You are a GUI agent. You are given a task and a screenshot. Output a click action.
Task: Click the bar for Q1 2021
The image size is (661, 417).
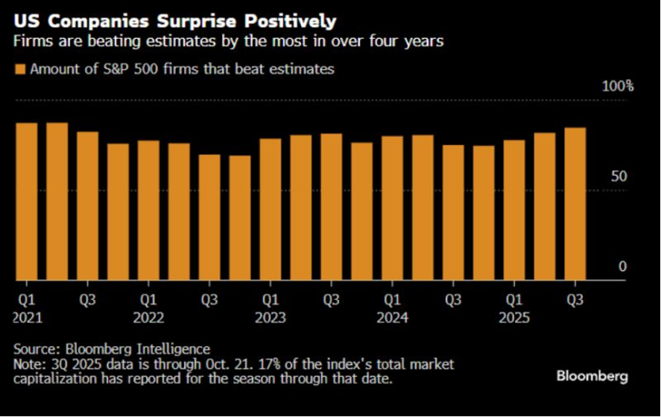(x=27, y=202)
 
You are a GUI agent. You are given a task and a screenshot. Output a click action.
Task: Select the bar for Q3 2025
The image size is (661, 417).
(x=575, y=204)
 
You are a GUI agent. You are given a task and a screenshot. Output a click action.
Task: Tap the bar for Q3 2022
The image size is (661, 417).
(x=209, y=217)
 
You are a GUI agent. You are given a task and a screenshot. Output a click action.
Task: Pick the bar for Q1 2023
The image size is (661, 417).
(x=271, y=209)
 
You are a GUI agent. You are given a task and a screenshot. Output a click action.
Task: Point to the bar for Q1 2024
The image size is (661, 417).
(x=392, y=208)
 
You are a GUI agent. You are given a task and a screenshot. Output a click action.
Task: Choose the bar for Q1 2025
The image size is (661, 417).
(x=514, y=210)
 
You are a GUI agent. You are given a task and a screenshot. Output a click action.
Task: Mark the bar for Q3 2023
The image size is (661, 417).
(x=331, y=207)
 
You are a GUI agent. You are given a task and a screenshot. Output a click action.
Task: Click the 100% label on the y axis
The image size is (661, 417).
(x=617, y=86)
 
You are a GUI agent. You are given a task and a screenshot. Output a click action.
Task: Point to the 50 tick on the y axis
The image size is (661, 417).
(x=619, y=176)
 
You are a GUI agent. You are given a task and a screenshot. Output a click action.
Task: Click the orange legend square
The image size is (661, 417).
(x=19, y=69)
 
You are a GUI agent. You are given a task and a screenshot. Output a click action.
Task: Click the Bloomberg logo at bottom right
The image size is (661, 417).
(x=592, y=376)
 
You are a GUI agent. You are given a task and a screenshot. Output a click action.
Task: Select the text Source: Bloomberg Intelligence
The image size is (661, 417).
(x=112, y=348)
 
